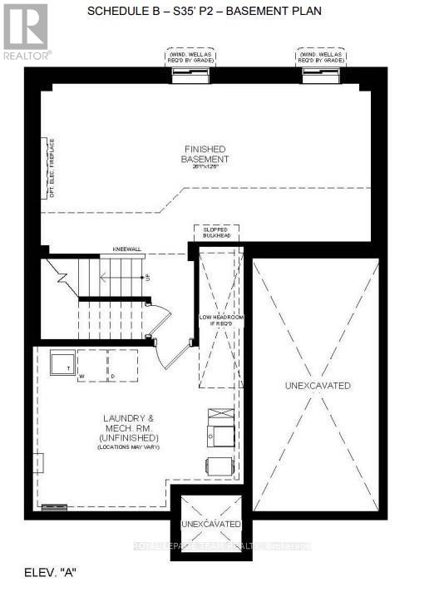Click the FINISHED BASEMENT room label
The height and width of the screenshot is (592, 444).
tap(207, 154)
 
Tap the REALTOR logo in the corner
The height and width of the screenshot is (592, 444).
tap(26, 31)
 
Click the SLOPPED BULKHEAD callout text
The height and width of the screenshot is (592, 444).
tap(215, 233)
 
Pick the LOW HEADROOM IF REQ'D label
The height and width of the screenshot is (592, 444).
tap(219, 321)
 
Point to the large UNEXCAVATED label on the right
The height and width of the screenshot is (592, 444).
tap(318, 386)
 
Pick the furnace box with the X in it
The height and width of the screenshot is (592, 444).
tap(221, 414)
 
